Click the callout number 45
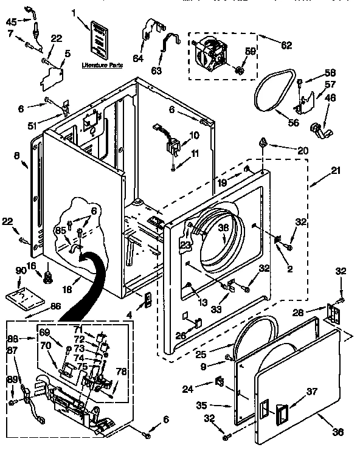pyautogui.click(x=11, y=22)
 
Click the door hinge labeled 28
pyautogui.click(x=331, y=313)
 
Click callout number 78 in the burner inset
pyautogui.click(x=122, y=372)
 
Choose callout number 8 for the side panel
pyautogui.click(x=16, y=155)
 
